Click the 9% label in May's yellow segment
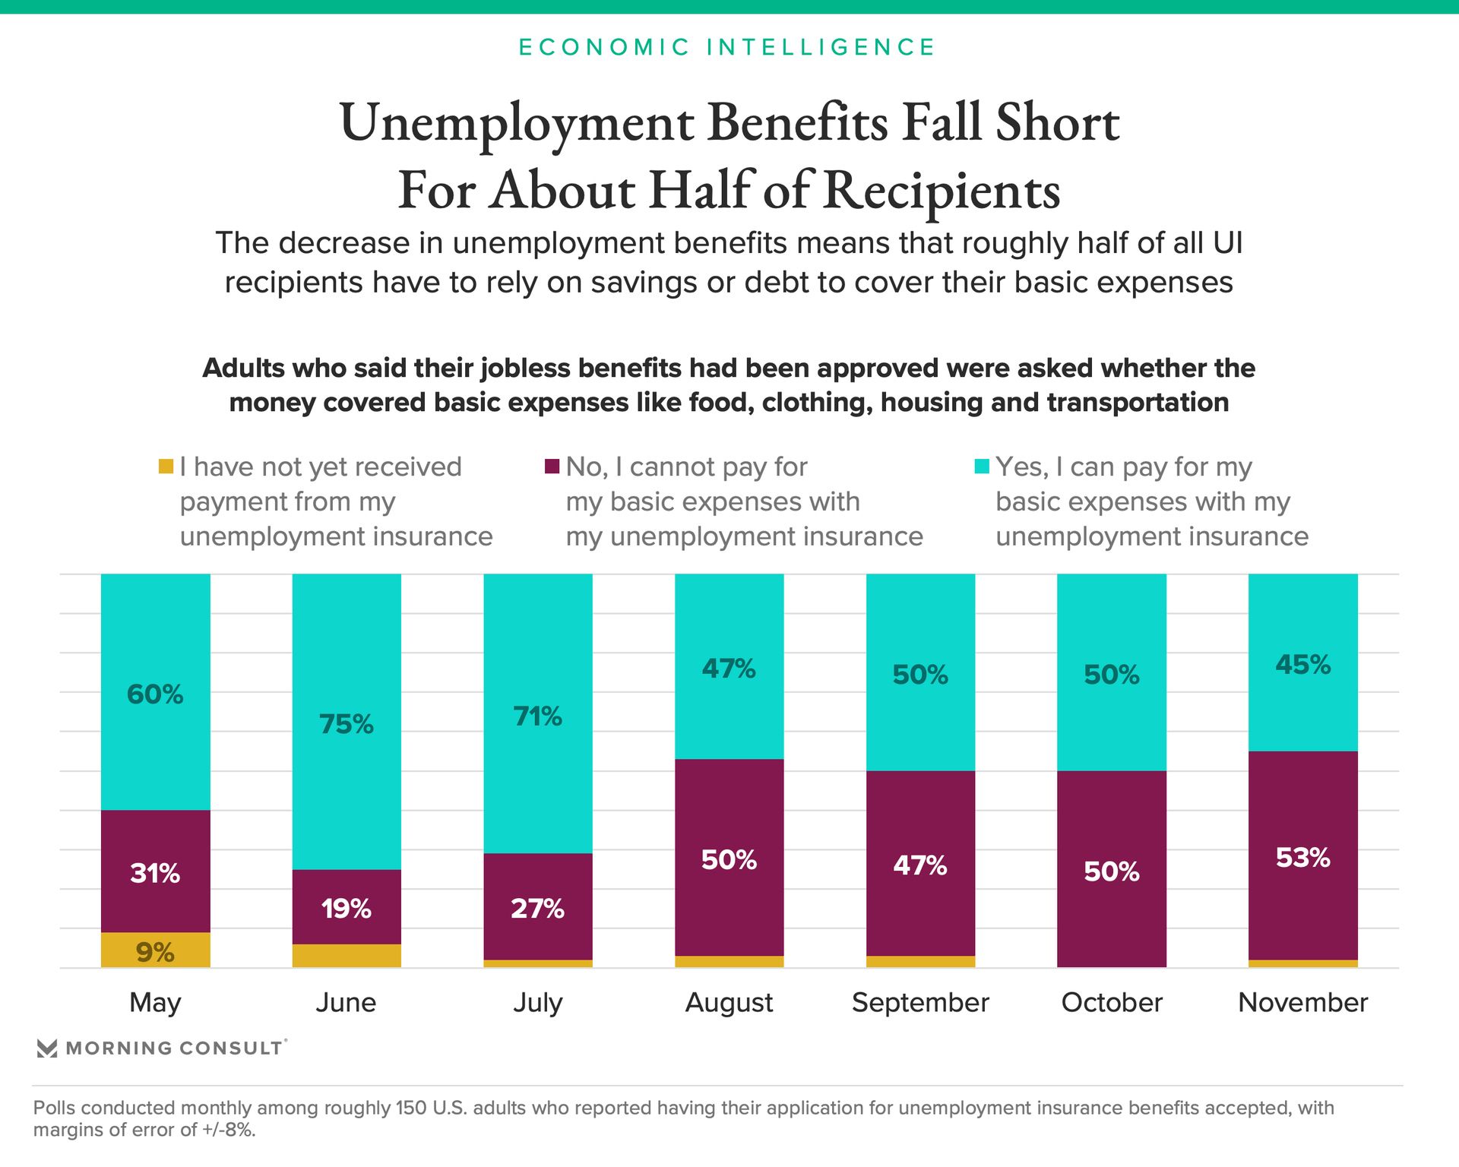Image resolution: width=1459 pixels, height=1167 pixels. tap(155, 952)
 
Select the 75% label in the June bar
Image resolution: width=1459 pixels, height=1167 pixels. tap(347, 724)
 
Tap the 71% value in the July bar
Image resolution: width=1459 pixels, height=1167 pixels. tap(537, 716)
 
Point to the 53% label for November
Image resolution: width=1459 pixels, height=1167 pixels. tap(1302, 858)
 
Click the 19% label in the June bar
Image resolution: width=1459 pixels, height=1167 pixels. tap(347, 909)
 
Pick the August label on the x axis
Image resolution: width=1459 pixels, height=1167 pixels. tap(729, 1003)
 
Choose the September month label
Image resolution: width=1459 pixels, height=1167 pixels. tap(920, 1003)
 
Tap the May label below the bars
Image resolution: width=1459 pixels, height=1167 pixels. tap(155, 1003)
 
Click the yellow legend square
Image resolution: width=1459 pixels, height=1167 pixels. tap(166, 466)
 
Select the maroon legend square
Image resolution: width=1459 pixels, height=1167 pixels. tap(552, 466)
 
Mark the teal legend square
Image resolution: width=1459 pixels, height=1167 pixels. tap(982, 466)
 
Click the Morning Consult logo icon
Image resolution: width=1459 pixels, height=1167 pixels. tap(47, 1048)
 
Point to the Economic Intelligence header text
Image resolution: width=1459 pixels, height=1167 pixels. tap(727, 47)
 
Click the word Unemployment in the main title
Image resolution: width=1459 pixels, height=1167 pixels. tap(517, 123)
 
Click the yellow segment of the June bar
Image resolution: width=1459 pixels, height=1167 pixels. tap(347, 956)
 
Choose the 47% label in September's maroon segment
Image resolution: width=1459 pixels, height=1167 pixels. tap(920, 865)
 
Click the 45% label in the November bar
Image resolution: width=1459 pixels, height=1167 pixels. tap(1302, 665)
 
